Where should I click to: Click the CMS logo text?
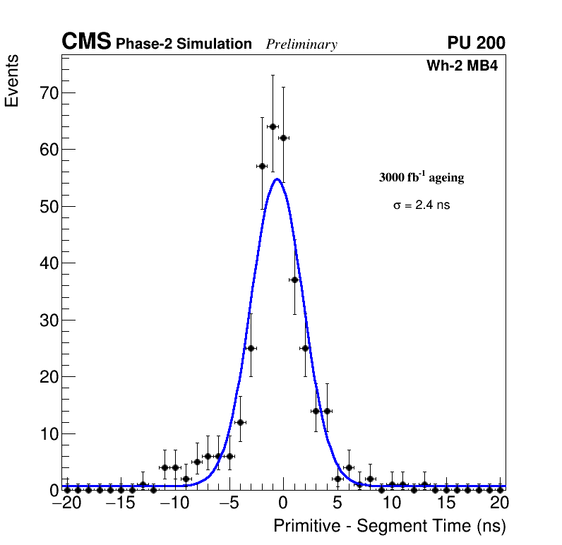click(x=86, y=42)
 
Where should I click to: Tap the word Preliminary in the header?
click(x=301, y=44)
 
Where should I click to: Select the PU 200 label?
click(x=476, y=43)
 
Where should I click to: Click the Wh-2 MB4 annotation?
click(x=462, y=66)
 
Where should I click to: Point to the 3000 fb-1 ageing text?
click(x=421, y=178)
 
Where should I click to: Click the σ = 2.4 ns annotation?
click(x=421, y=205)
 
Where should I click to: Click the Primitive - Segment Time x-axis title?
click(x=390, y=526)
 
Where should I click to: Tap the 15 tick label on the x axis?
click(x=446, y=503)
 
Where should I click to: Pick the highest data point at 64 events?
click(x=273, y=126)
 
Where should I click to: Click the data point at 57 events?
click(x=262, y=166)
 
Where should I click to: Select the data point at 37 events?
click(x=294, y=280)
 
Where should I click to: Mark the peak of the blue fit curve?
click(x=277, y=179)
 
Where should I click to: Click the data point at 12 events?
click(x=240, y=422)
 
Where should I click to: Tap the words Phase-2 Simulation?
click(x=184, y=44)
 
